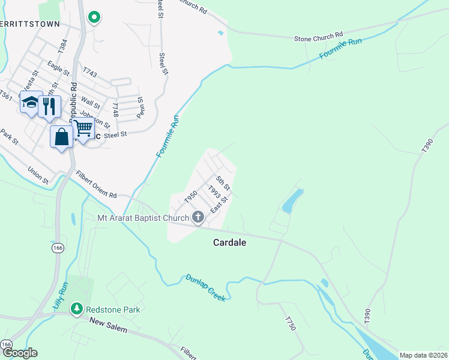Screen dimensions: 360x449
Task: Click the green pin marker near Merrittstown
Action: click(x=94, y=17)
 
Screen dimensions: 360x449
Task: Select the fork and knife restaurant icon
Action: click(x=49, y=107)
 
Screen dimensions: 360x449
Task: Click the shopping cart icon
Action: click(x=83, y=127)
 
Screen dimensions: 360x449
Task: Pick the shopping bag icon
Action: click(x=61, y=136)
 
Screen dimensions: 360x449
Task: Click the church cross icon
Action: click(x=198, y=218)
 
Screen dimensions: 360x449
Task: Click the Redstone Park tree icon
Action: click(x=77, y=309)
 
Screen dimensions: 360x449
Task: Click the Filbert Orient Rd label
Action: click(x=96, y=185)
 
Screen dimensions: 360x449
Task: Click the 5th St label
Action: click(x=223, y=180)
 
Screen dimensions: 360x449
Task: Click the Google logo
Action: click(x=19, y=353)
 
